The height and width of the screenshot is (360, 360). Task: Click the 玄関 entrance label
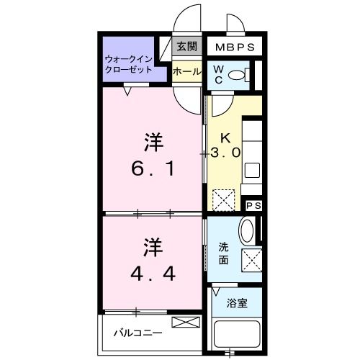pos(186,47)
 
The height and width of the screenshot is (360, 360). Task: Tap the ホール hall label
pos(186,71)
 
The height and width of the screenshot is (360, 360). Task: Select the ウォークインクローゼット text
pos(130,64)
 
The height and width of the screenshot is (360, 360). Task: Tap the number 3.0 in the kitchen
pos(226,153)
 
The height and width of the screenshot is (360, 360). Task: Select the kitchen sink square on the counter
pos(253,171)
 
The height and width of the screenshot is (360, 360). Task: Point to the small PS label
pos(253,205)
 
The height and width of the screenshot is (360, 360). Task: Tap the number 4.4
pos(152,274)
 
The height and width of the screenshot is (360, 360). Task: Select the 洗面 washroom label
pos(224,253)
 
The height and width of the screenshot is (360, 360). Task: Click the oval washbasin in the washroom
pos(246,230)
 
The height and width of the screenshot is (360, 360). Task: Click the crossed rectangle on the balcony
pos(184,321)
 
